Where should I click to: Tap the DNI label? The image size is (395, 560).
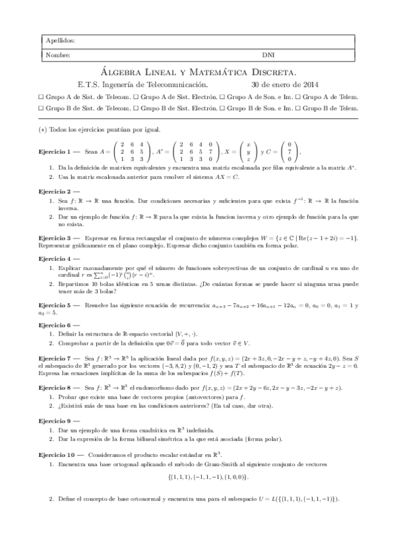click(x=268, y=55)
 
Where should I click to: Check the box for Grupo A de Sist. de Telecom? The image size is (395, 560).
click(x=42, y=96)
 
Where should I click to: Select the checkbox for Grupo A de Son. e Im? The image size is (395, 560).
click(x=228, y=96)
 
